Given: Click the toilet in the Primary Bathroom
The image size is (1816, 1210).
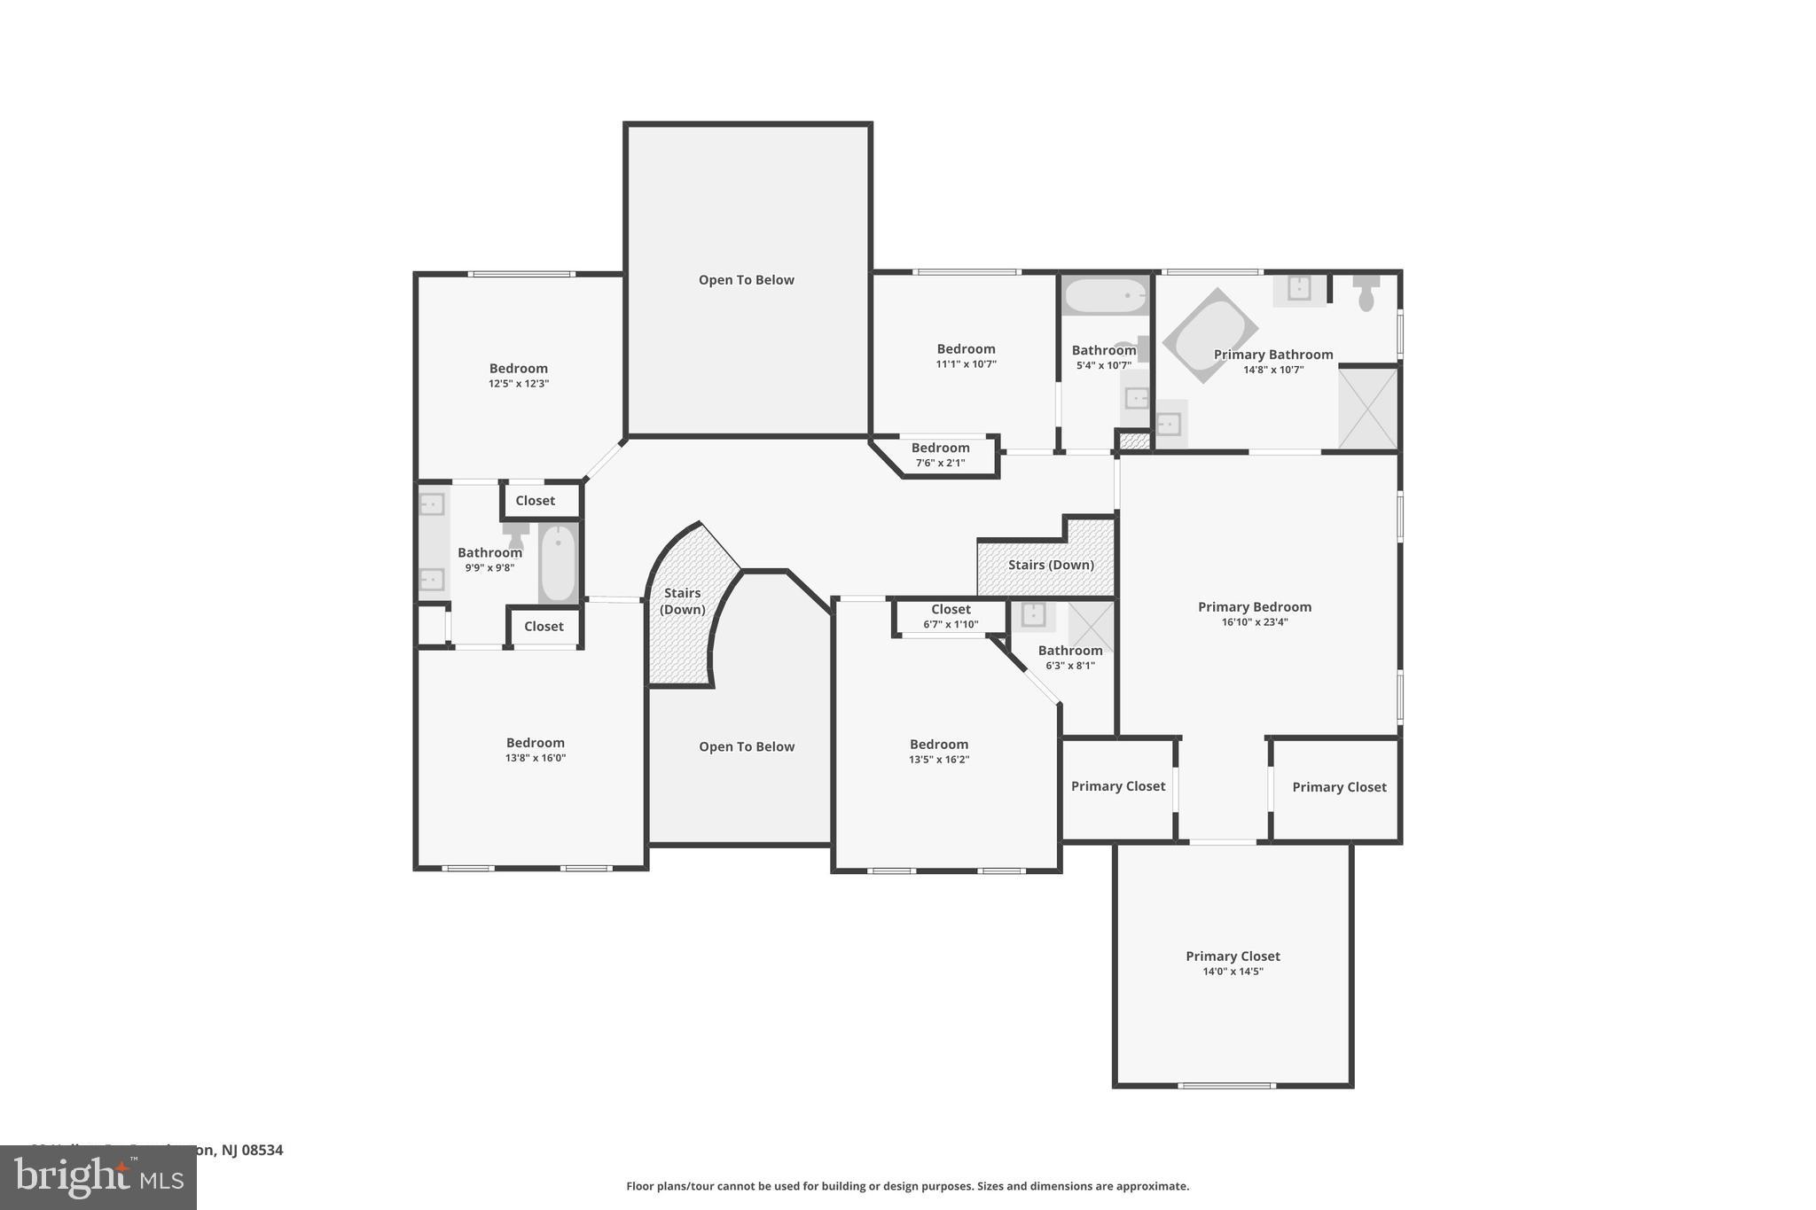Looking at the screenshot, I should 1366,293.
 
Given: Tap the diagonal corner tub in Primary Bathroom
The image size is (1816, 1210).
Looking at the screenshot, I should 1209,335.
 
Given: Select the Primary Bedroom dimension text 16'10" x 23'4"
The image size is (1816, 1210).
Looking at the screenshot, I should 1254,622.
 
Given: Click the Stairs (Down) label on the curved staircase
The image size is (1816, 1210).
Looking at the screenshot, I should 682,601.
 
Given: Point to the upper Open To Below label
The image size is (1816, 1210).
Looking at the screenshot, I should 746,280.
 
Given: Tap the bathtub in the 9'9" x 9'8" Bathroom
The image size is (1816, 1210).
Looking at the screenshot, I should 559,563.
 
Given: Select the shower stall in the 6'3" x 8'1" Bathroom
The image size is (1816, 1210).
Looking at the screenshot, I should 1090,626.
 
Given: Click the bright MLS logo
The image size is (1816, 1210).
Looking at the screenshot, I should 98,1177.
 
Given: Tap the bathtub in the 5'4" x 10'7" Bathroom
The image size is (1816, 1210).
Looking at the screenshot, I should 1105,295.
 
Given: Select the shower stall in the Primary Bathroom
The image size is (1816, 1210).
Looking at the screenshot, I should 1368,408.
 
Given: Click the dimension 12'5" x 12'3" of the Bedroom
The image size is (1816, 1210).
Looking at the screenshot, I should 519,384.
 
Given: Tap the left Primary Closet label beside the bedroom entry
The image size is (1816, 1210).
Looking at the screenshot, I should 1117,786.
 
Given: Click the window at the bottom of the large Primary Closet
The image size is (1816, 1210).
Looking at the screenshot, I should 1226,1085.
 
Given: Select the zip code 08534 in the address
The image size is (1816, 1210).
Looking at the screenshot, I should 263,1150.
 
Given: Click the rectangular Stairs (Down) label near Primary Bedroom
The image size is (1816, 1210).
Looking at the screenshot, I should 1050,565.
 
